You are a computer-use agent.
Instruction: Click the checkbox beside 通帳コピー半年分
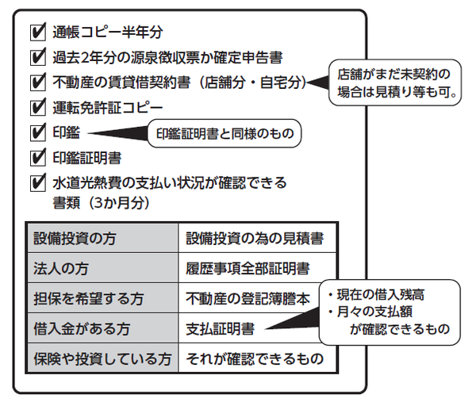36,33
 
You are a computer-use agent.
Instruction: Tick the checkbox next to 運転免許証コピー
36,106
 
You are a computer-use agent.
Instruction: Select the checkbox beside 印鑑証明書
36,156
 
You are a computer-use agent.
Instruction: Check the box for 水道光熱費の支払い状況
36,182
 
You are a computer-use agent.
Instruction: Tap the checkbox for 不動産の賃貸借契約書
36,82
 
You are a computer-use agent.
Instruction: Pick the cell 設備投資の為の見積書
254,237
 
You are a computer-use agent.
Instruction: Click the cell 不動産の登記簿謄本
248,298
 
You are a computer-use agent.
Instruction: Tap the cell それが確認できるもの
254,358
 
